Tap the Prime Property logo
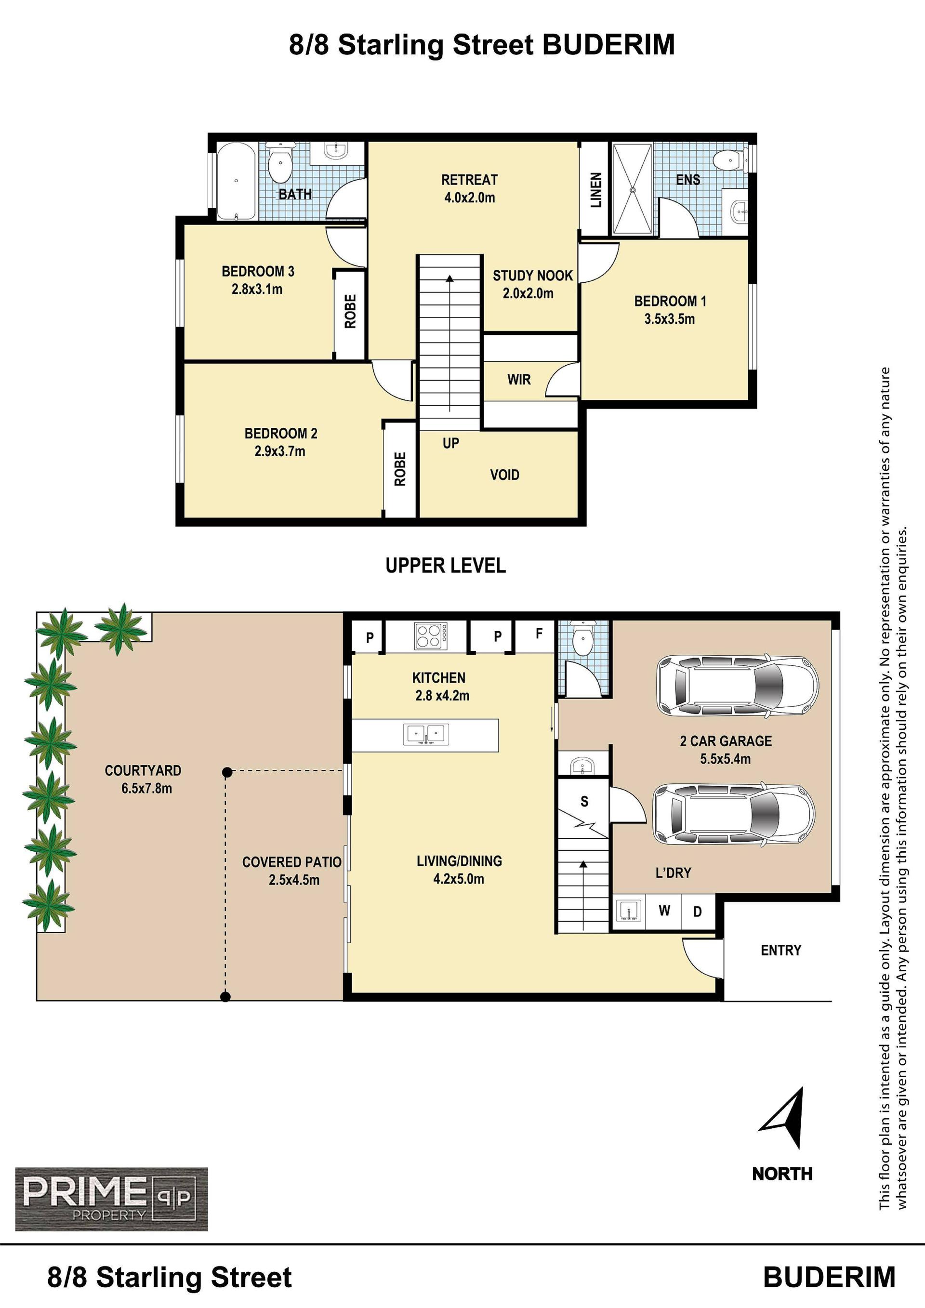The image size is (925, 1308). pos(112,1199)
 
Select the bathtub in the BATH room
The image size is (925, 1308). pos(236,181)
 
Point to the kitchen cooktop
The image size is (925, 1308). pos(431,636)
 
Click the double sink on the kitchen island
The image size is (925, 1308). pos(426,734)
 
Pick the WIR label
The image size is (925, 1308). pos(519,380)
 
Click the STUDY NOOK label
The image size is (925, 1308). pos(532,276)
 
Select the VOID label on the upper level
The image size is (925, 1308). pos(504,475)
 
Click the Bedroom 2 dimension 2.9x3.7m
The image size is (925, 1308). pos(279,451)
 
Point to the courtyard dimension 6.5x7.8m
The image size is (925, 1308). pos(146,789)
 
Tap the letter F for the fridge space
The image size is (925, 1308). pos(539,633)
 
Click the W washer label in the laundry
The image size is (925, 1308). pos(664,911)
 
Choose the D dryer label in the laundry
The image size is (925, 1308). pos(697,912)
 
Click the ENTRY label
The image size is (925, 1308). pos(781,950)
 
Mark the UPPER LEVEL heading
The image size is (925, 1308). pos(446,566)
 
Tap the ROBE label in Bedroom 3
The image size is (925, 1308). pos(350,311)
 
